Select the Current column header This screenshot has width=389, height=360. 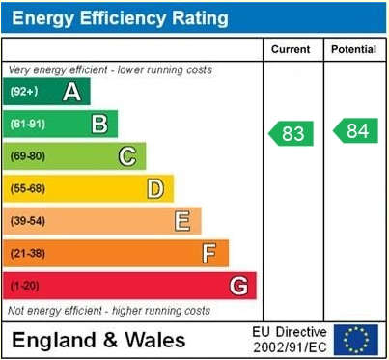(291, 49)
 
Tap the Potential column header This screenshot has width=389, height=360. (353, 49)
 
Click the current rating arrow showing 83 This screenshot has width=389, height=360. (291, 133)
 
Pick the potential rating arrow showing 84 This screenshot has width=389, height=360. (355, 131)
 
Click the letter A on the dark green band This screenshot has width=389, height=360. (71, 92)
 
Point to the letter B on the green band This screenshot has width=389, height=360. (98, 124)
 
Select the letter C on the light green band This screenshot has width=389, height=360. (126, 156)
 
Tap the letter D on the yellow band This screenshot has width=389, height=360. (154, 188)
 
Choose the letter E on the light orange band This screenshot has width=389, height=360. (181, 221)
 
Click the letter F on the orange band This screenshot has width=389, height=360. (208, 254)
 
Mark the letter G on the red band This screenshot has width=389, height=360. (237, 286)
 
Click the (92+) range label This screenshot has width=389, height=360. (24, 92)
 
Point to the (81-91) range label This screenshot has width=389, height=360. (28, 125)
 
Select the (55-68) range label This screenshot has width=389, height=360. (28, 189)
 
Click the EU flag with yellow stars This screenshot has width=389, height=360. (356, 339)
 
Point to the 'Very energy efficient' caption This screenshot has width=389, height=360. (110, 70)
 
